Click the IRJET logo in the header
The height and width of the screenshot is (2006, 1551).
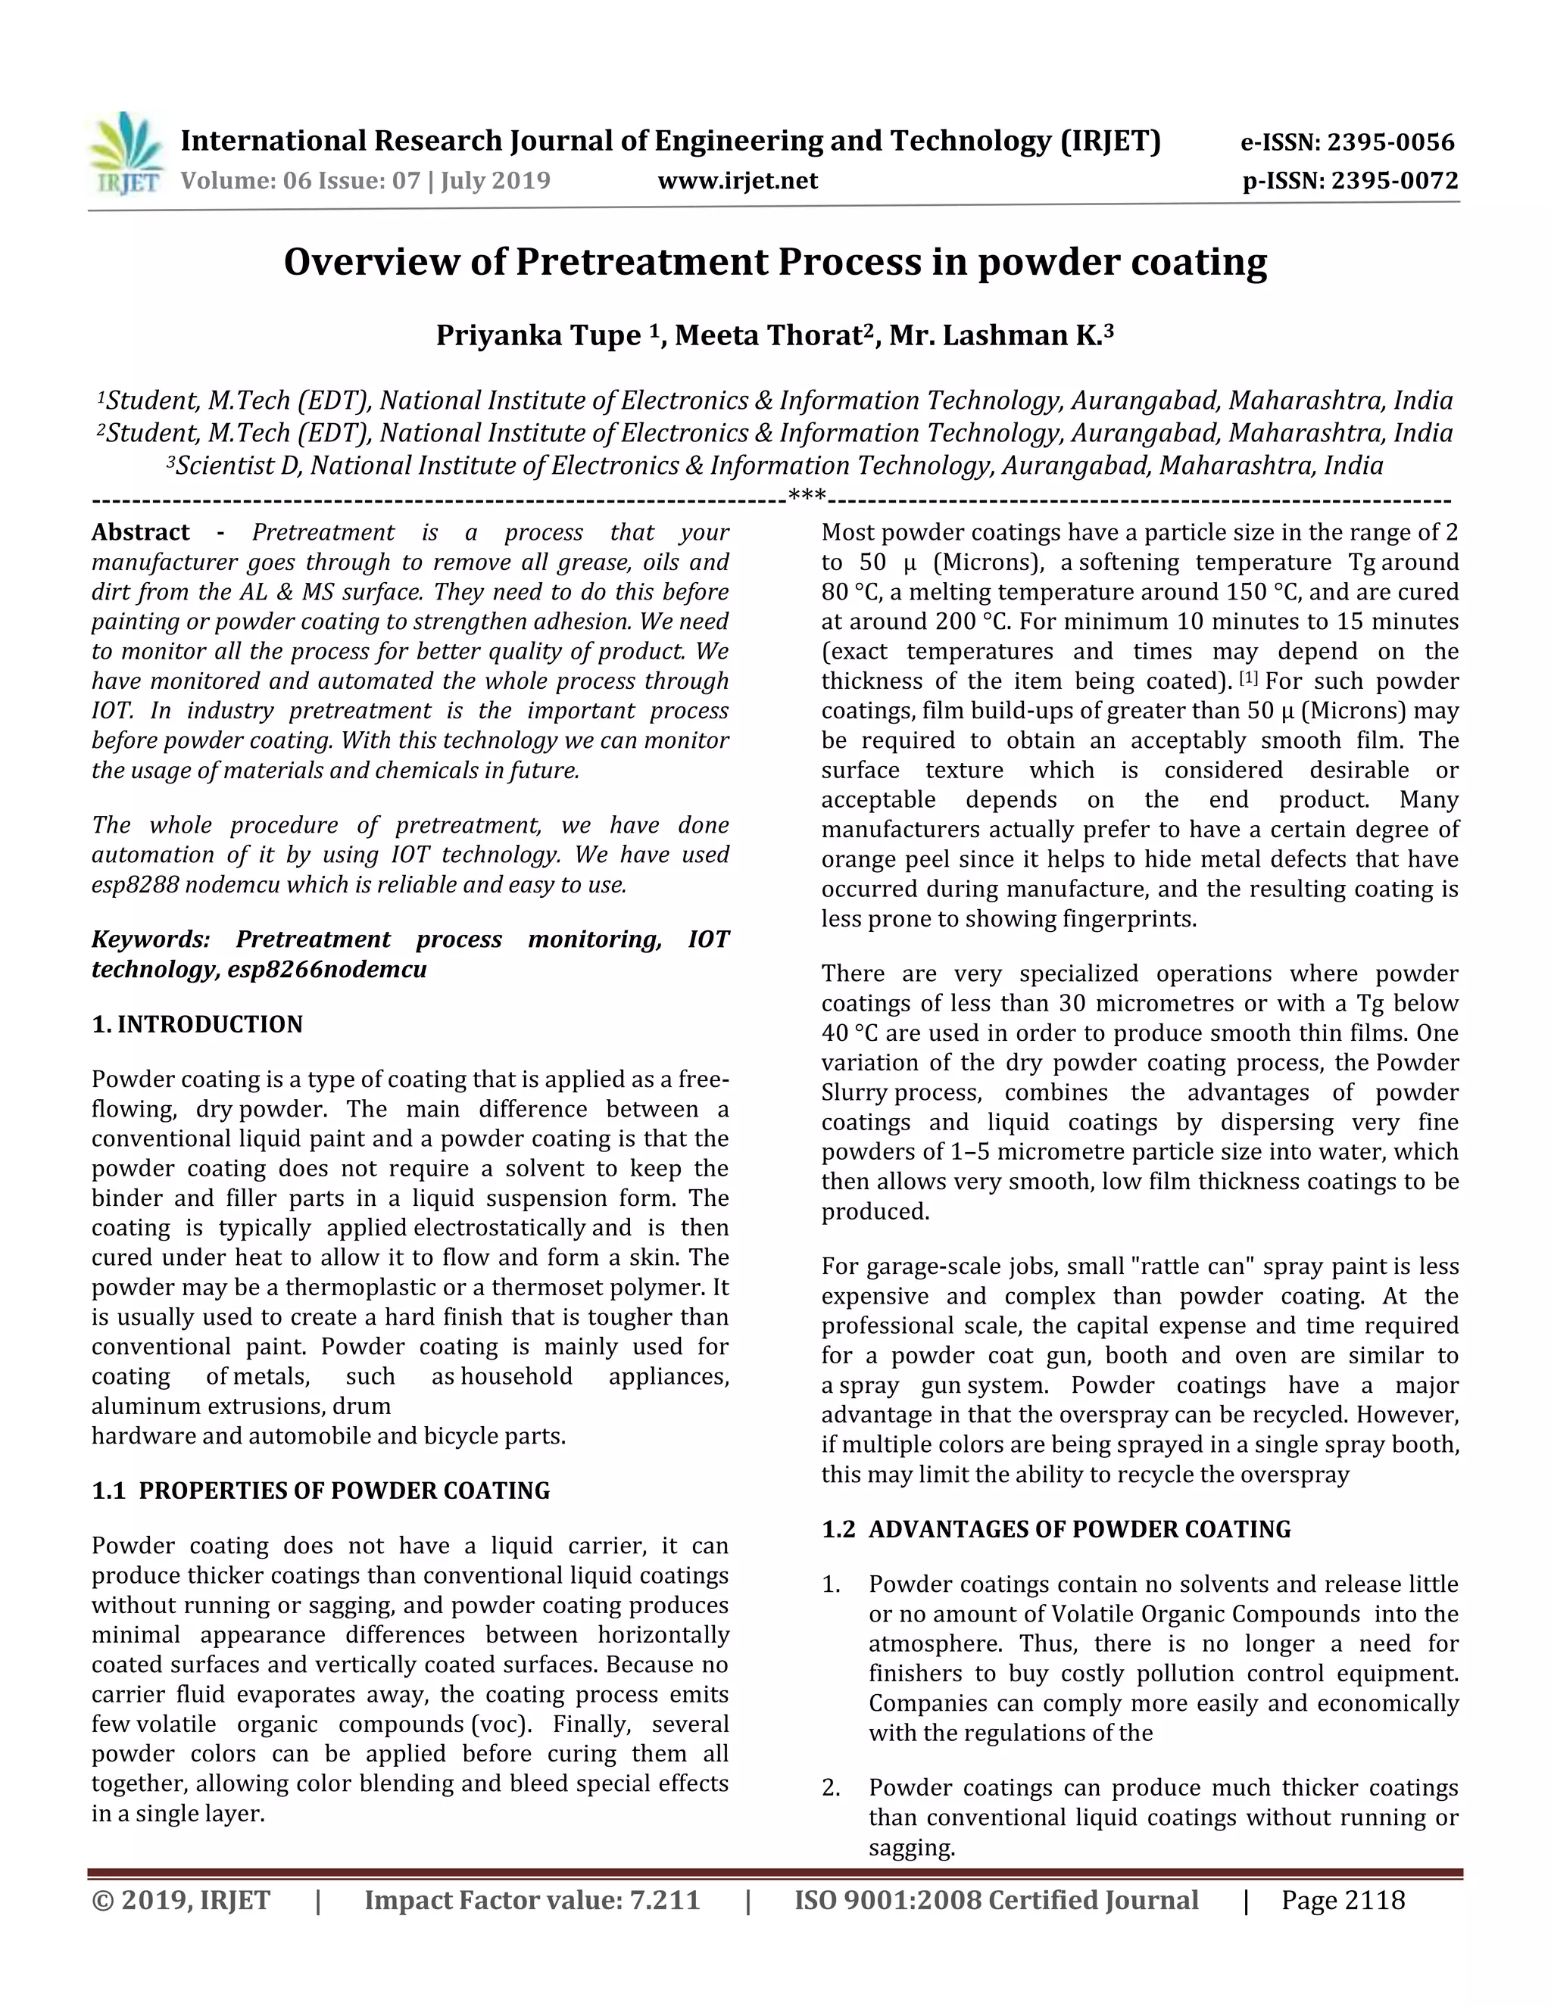126,154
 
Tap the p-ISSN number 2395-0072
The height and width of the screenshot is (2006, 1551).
1395,181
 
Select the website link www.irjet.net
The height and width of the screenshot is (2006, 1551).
737,181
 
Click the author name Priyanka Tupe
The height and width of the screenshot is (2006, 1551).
538,336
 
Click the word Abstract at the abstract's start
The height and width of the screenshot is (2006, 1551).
141,533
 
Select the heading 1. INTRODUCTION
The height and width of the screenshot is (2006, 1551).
197,1024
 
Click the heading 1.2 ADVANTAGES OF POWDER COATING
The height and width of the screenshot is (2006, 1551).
1056,1529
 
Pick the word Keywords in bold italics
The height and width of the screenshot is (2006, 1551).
150,939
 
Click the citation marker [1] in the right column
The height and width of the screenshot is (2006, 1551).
1249,679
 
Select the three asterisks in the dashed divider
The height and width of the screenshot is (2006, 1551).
807,499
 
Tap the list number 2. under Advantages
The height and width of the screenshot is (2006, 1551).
832,1788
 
